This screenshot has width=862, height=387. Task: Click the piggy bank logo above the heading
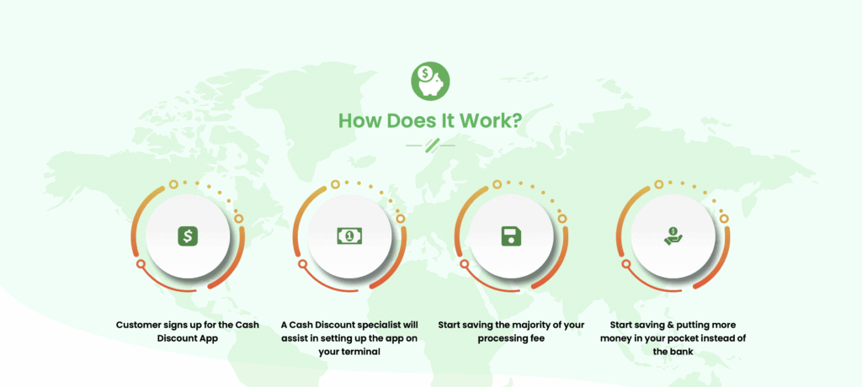(430, 82)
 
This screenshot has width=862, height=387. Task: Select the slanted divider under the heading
(430, 145)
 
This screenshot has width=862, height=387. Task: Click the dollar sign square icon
(188, 236)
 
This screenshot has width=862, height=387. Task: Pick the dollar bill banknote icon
(349, 236)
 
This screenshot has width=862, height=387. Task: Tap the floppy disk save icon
(511, 236)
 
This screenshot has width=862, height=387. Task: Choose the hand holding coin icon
(673, 236)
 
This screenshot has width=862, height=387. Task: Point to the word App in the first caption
(209, 338)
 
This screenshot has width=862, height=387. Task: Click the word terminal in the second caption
(361, 352)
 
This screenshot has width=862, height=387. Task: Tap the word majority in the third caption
(523, 325)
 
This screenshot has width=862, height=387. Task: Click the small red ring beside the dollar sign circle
(141, 264)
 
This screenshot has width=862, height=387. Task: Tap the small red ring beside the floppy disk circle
(465, 264)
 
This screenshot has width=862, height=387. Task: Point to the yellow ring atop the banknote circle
(335, 184)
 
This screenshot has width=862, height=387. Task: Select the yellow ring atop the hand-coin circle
(658, 184)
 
